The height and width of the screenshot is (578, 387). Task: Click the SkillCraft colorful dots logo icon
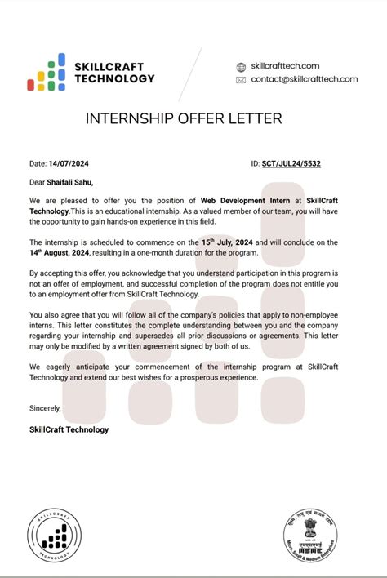[x=47, y=72]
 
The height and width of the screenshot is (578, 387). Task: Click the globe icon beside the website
[x=241, y=66]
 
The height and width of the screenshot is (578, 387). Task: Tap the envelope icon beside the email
[x=241, y=80]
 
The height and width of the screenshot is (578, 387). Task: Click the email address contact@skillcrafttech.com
[x=305, y=79]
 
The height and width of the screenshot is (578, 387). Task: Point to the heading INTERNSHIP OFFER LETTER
[x=184, y=119]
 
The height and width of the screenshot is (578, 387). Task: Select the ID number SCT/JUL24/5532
[x=291, y=164]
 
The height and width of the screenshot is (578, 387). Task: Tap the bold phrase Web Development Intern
[x=241, y=200]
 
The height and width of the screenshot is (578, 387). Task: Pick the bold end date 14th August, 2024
[x=68, y=253]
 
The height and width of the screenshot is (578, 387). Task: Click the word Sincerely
[x=45, y=407]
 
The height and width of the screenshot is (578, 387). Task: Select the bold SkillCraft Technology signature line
[x=69, y=429]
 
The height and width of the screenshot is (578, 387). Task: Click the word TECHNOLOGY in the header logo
[x=114, y=78]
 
